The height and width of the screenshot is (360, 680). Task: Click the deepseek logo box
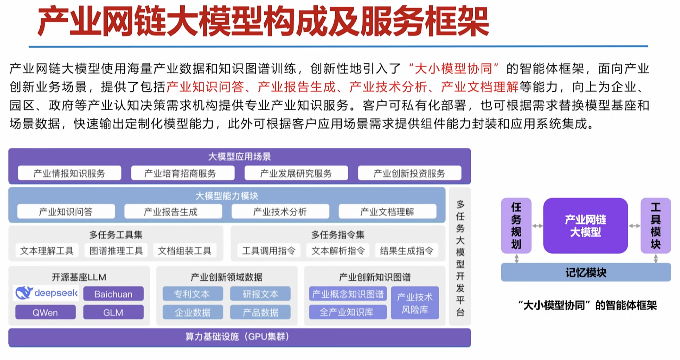point(46,293)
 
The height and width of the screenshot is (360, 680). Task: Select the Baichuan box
point(113,294)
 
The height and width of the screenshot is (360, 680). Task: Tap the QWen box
point(45,312)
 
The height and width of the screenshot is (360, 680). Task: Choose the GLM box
point(113,312)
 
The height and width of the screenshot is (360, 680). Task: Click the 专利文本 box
point(192,294)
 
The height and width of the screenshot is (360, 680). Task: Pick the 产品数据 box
point(260,312)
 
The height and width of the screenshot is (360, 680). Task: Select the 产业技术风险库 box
point(415,303)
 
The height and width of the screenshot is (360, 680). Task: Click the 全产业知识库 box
point(347,312)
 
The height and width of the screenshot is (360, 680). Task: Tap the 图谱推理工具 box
point(116,251)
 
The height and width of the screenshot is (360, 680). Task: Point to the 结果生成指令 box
point(406,251)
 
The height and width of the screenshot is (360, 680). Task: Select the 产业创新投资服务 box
point(409,173)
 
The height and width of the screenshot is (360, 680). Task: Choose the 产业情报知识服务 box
point(69,173)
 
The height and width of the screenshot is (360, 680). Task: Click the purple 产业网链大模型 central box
point(586,226)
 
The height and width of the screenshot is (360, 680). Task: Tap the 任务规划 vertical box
point(516,226)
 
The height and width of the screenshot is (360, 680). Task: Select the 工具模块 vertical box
point(655,226)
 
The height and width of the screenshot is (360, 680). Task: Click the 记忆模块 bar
point(586,272)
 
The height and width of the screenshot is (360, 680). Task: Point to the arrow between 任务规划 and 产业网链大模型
point(537,226)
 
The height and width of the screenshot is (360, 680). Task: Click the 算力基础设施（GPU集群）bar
point(239,337)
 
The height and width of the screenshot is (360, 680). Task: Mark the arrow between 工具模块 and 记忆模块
point(655,259)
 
